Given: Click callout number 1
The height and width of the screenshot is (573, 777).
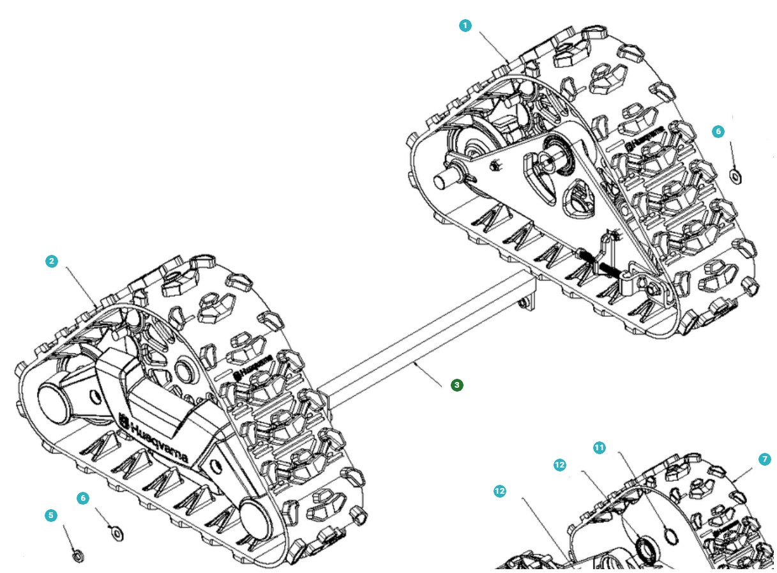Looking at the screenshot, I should (465, 26).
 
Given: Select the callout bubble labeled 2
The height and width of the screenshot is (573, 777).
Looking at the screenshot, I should (52, 261).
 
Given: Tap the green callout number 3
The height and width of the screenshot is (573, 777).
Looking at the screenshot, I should (456, 385).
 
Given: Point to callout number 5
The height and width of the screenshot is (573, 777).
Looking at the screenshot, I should (52, 515).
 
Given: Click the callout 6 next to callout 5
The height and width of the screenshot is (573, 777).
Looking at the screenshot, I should (83, 498).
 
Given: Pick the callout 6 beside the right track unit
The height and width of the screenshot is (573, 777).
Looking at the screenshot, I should (718, 131).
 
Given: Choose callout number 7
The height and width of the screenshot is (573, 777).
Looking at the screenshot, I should (766, 459).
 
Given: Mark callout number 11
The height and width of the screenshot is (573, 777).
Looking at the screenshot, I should (599, 448).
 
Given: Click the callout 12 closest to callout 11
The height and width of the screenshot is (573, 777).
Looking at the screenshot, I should (560, 465).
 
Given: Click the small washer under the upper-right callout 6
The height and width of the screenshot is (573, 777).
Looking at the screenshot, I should (735, 174).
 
